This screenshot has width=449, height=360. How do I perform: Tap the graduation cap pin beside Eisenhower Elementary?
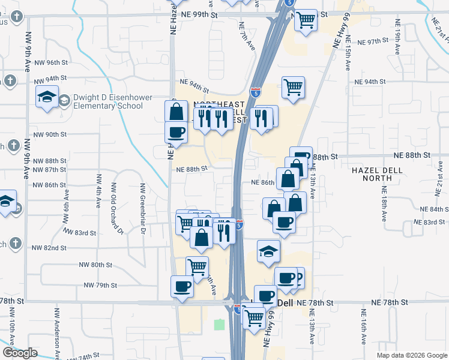[x=46, y=97]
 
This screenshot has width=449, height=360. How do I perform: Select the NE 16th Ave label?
[x=364, y=328]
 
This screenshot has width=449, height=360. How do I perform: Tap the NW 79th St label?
[x=99, y=285]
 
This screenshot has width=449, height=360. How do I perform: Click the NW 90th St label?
[x=49, y=134]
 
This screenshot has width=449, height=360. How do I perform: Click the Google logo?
[x=20, y=353]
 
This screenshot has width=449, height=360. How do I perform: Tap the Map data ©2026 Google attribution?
[x=411, y=355]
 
